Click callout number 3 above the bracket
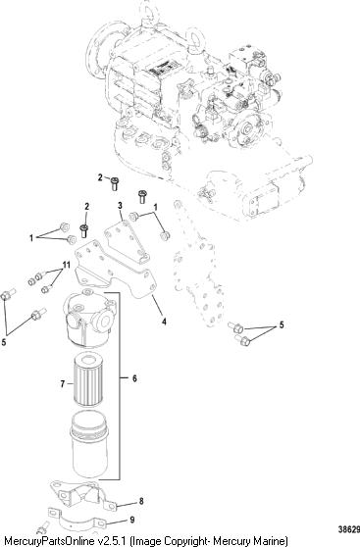coord(120,205)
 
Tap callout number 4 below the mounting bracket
coord(164,321)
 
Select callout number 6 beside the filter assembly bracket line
coord(134,378)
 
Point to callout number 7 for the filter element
coord(63,384)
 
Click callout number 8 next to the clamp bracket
coord(141,501)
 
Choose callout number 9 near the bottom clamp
coord(132,521)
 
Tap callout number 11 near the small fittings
coord(66,265)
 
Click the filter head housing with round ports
coord(89,320)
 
